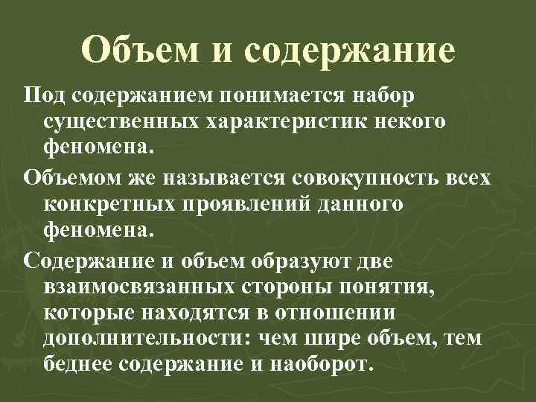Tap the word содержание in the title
(x=348, y=51)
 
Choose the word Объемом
(x=68, y=178)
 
